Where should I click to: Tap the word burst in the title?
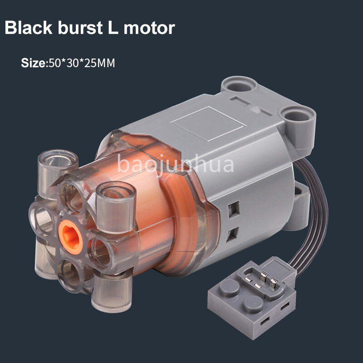pos(80,28)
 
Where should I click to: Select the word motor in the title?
pos(149,28)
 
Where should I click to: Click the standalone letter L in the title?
pos(113,28)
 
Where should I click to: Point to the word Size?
pos(34,63)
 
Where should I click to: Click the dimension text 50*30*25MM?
pos(82,63)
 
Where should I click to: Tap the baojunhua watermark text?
pos(176,164)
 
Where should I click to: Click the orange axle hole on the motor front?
pos(71,237)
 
